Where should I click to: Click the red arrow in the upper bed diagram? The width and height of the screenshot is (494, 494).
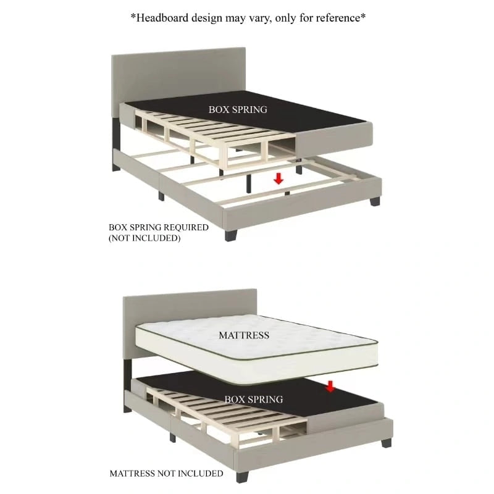278,179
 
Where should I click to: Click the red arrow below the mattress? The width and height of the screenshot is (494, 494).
330,387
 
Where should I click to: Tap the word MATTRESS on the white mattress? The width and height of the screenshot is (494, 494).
244,335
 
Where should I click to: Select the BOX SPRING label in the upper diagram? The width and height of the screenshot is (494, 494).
238,110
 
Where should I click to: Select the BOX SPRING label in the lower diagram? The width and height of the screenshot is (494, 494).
254,400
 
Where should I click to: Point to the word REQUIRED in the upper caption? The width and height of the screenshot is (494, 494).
186,227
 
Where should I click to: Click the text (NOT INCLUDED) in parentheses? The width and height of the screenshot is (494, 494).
144,238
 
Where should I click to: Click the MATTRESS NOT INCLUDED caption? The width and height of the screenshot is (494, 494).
166,474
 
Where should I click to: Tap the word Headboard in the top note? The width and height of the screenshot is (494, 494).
162,18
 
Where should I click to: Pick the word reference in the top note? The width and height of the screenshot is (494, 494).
338,18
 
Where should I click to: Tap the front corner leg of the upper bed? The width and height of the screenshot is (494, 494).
231,236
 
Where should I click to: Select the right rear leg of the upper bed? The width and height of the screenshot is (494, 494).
375,201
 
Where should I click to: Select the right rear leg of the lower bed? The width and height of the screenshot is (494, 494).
387,443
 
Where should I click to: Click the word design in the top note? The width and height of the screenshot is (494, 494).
207,18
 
